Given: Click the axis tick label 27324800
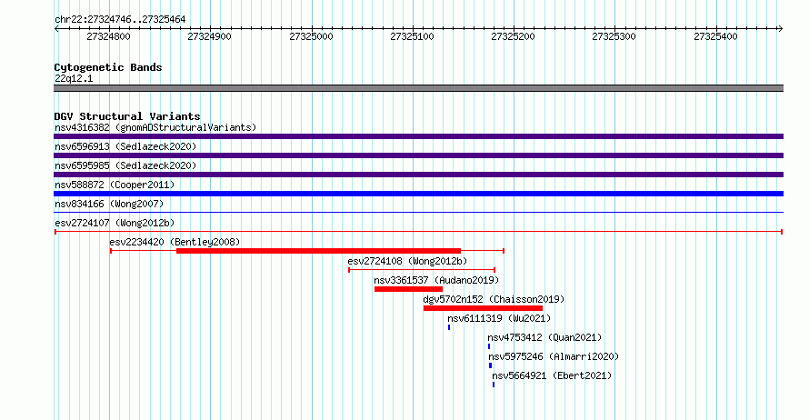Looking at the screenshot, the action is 108,36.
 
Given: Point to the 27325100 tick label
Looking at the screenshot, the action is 412,36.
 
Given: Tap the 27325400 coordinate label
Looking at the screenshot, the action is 715,36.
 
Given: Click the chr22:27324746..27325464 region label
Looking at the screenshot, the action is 120,20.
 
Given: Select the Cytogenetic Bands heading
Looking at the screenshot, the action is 108,67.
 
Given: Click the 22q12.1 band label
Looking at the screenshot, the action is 74,78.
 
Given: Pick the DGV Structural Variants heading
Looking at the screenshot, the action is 127,116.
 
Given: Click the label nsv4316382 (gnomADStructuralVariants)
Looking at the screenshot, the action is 155,127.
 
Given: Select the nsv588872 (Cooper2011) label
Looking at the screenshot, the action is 115,185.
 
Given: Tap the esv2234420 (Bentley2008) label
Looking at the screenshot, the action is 175,242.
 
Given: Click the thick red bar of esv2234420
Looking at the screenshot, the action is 318,251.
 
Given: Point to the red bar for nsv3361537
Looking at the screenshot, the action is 409,289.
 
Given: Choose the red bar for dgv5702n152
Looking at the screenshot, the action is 483,308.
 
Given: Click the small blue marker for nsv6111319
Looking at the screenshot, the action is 449,327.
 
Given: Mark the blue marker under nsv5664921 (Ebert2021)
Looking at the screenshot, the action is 494,385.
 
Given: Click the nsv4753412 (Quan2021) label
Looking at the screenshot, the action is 544,337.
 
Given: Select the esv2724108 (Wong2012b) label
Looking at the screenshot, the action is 407,261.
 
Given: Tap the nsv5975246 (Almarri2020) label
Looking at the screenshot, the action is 554,356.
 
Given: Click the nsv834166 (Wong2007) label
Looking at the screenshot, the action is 109,204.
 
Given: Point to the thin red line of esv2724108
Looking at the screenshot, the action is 422,270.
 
